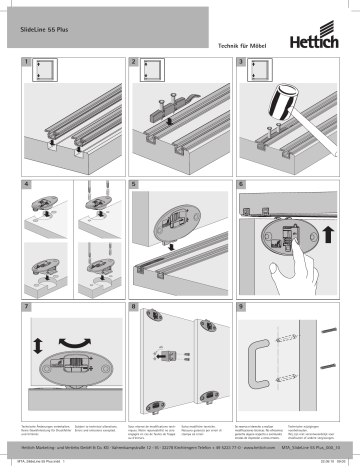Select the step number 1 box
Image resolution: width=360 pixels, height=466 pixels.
24,63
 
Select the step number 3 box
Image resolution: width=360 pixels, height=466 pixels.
241,63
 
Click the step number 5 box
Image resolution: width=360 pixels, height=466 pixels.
132,186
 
